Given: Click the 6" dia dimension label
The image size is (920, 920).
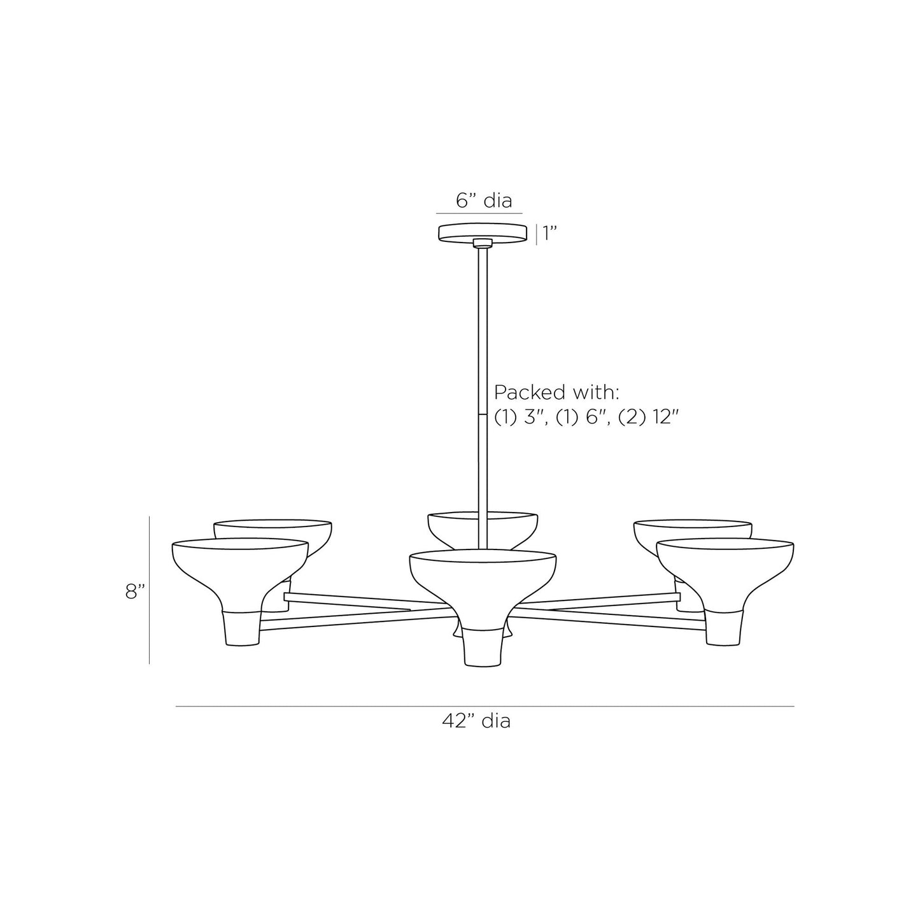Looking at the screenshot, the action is tap(484, 201).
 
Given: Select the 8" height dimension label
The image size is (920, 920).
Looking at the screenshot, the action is tap(135, 591).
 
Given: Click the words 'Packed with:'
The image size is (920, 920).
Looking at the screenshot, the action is tap(556, 392).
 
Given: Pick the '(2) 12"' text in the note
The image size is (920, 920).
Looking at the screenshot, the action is tap(648, 419).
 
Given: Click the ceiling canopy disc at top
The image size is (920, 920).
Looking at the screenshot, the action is tap(483, 233).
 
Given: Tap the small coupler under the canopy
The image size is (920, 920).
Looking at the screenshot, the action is tap(483, 243).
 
